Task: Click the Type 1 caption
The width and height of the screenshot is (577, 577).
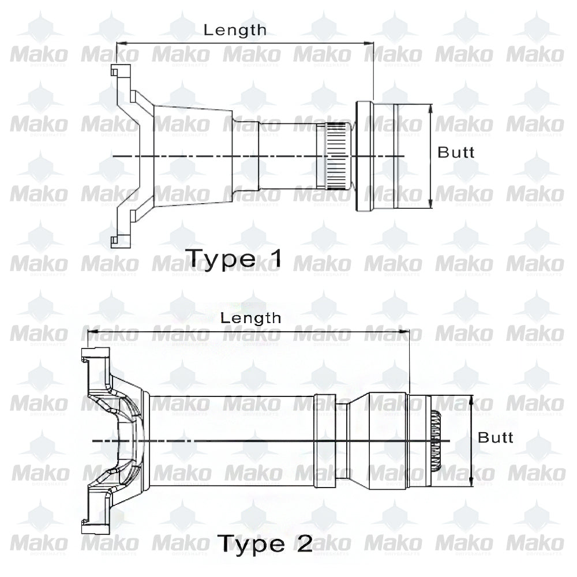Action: [x=233, y=258]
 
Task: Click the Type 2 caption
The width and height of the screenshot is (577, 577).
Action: [x=265, y=542]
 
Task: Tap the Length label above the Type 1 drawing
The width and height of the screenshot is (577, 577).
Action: [x=235, y=30]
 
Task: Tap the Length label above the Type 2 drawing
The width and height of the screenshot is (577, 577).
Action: [x=250, y=317]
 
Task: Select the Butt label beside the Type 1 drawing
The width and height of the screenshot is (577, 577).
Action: [x=456, y=152]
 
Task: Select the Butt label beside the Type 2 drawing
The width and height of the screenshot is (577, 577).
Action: [x=495, y=437]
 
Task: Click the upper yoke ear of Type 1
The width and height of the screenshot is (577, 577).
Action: [x=118, y=73]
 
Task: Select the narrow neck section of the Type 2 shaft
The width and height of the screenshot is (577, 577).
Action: [x=342, y=441]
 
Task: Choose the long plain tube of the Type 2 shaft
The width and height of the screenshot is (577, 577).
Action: [x=231, y=441]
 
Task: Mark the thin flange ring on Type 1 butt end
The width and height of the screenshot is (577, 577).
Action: [x=364, y=156]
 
